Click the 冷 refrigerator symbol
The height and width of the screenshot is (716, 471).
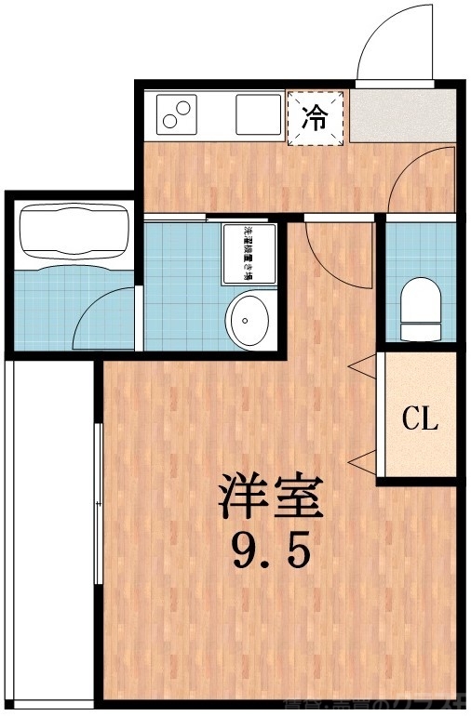tap(317, 118)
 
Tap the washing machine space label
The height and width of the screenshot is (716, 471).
tap(249, 252)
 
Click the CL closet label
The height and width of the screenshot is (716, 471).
tap(419, 419)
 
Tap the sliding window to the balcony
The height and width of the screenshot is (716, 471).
tap(98, 502)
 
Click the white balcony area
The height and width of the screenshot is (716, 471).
tap(48, 530)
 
